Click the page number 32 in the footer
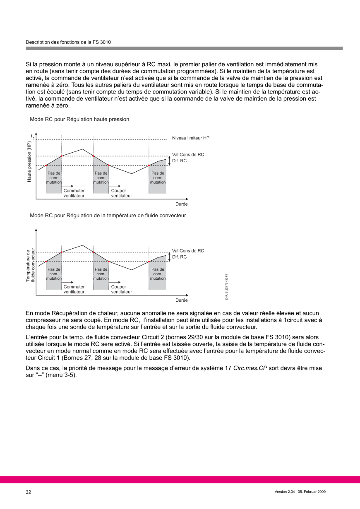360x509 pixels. [x=29, y=492]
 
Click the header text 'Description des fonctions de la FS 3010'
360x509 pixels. [x=68, y=42]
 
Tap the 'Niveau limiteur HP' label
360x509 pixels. [x=191, y=138]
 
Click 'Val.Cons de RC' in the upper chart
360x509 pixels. [x=188, y=154]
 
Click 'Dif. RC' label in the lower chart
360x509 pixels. [x=179, y=257]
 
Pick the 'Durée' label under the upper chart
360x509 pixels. [x=182, y=204]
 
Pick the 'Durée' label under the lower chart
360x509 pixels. [x=182, y=300]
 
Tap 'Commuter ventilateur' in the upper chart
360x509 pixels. [x=74, y=193]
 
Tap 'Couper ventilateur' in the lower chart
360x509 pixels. [x=121, y=289]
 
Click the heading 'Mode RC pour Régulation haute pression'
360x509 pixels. [x=79, y=119]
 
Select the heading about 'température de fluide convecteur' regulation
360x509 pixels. [x=108, y=216]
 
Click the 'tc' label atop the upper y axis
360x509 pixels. [x=33, y=136]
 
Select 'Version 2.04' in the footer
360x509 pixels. [x=286, y=492]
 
